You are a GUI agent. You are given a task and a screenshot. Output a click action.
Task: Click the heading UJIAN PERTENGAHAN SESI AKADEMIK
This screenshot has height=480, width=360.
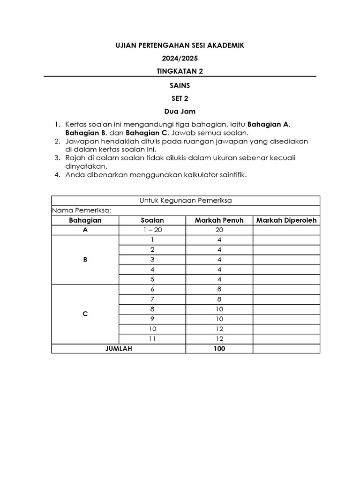point(180,45)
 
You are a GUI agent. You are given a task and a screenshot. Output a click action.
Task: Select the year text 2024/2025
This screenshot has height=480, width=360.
point(180,59)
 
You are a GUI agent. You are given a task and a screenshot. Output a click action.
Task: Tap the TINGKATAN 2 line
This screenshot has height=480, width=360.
point(180,71)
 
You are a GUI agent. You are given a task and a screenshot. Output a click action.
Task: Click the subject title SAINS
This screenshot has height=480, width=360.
point(180,86)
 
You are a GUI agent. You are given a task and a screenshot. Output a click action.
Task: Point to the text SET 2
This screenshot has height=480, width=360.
point(180,99)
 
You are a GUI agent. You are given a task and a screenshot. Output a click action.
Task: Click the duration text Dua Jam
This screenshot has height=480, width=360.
point(180,112)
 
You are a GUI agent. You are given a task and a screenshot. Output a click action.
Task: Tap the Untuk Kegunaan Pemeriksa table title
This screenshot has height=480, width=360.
point(186,201)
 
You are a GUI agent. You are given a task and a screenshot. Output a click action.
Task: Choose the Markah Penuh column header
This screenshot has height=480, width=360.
point(219,220)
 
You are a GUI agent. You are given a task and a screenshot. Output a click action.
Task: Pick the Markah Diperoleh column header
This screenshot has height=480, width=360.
point(286,220)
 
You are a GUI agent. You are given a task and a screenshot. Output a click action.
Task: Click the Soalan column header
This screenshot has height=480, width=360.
point(152,220)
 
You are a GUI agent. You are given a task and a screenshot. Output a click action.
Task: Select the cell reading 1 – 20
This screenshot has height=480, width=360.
point(152,230)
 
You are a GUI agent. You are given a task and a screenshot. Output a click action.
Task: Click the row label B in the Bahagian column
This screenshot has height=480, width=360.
point(85,259)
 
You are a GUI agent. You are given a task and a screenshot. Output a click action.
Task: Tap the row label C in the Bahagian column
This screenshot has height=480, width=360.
point(85,314)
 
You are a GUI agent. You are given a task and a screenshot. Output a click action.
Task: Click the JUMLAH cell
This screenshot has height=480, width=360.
point(119,349)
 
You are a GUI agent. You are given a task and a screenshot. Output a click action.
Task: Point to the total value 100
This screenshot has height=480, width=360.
point(219,349)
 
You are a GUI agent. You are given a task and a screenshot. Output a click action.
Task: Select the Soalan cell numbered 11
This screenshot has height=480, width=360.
point(152,339)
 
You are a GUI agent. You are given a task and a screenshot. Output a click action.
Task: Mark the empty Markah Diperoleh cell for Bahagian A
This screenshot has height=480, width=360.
point(286,230)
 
